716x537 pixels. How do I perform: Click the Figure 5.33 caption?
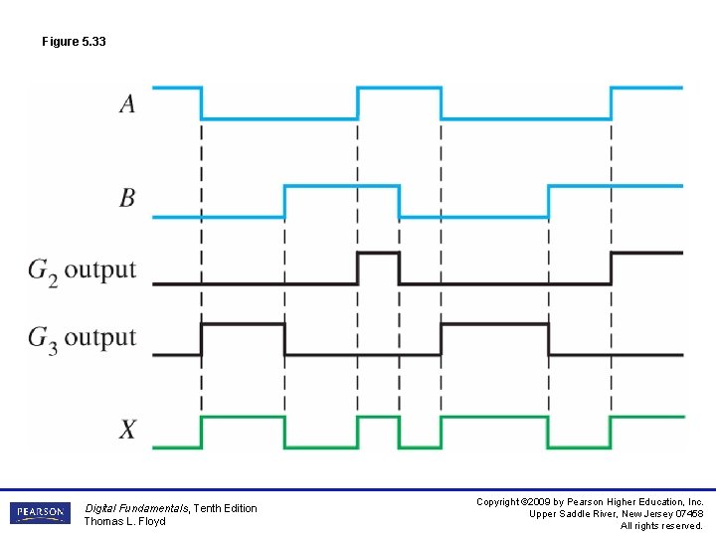pos(74,42)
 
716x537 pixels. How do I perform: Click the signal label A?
pos(127,103)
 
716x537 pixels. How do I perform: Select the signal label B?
pos(127,198)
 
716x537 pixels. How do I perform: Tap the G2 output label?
pos(82,270)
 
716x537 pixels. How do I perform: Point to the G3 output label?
pos(82,338)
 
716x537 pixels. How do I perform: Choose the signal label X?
pos(127,430)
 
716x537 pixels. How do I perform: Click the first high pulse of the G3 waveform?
pos(243,324)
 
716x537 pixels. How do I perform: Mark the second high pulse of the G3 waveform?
pos(494,324)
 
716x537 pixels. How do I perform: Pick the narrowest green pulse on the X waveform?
pos(379,419)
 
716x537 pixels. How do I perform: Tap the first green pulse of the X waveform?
pos(243,419)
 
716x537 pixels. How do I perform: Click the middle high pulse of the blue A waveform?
pos(399,89)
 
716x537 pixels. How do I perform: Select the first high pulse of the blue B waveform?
pos(341,186)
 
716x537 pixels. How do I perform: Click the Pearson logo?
pos(40,513)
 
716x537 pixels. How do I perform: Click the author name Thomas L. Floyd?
pos(124,521)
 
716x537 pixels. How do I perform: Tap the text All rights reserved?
pos(661,526)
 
